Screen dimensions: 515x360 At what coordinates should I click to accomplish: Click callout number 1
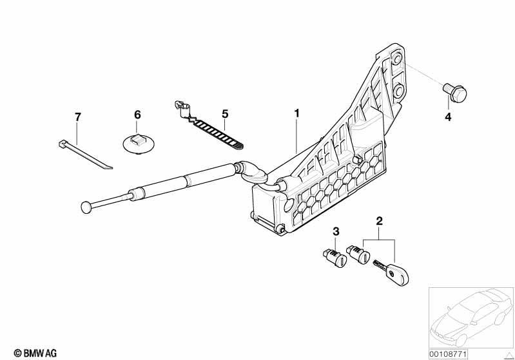296,114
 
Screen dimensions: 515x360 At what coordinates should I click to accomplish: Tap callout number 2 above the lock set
380,221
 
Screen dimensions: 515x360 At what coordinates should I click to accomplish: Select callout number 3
336,232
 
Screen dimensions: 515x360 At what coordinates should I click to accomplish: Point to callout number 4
448,117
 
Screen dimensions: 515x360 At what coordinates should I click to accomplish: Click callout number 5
225,114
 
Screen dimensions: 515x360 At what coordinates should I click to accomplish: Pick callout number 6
137,115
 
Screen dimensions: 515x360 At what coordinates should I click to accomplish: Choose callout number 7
77,117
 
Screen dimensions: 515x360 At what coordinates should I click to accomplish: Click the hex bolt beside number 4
455,91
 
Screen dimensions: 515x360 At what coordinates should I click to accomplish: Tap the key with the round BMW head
391,272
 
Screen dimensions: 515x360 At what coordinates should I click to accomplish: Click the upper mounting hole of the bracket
398,59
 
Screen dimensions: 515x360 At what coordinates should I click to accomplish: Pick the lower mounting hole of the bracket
398,90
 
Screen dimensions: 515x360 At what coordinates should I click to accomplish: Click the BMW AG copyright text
35,353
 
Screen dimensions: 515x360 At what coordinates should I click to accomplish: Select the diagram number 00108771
448,354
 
